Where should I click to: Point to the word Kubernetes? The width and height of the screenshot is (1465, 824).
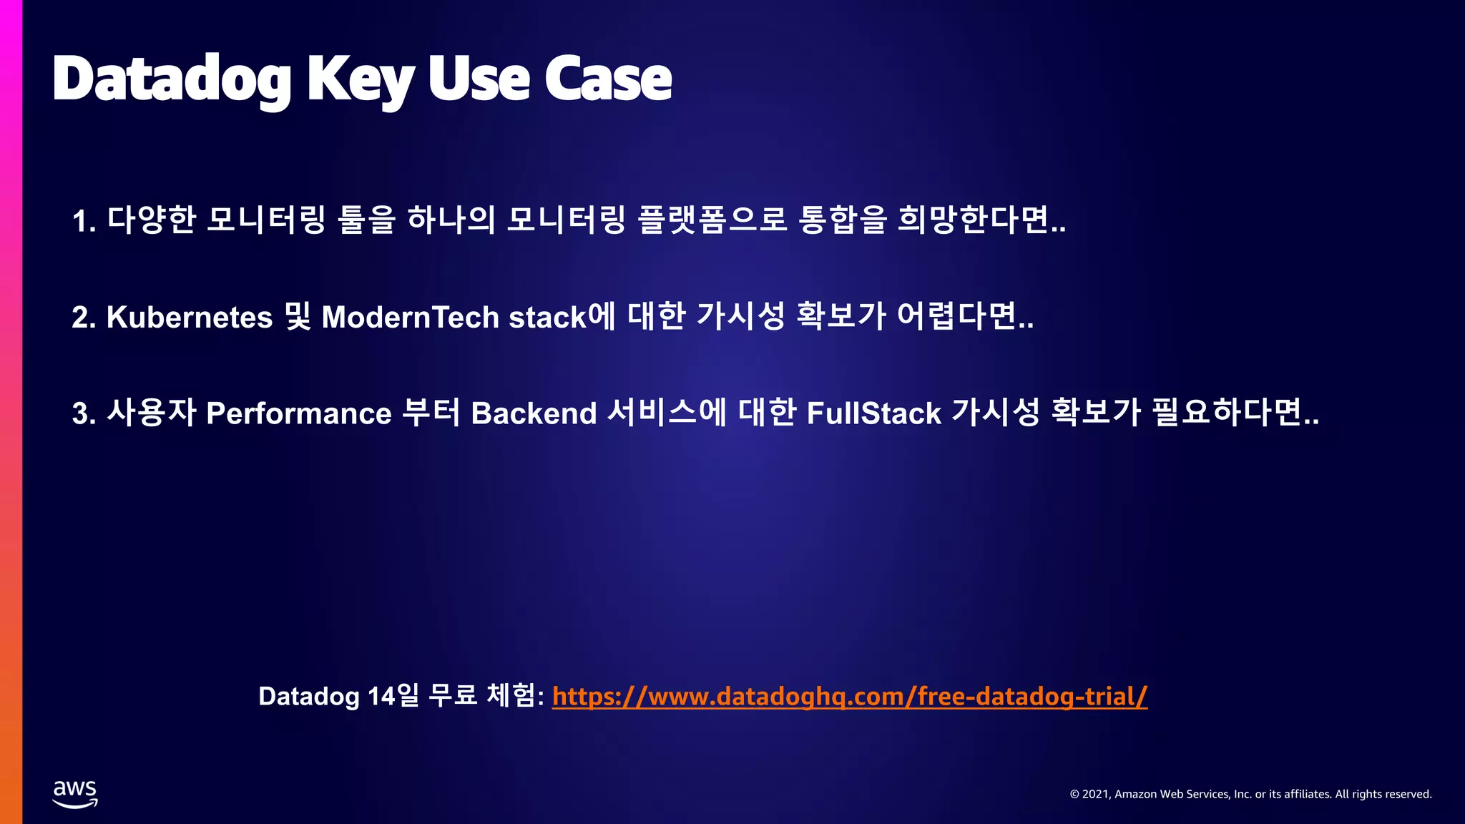(x=190, y=318)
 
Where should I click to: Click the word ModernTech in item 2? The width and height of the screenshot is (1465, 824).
(x=410, y=318)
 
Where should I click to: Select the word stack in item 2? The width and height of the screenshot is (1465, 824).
(x=547, y=318)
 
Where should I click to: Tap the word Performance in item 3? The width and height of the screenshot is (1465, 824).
(x=299, y=413)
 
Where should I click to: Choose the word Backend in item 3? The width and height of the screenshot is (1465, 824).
(x=534, y=413)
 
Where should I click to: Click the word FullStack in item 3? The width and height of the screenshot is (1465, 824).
(x=873, y=413)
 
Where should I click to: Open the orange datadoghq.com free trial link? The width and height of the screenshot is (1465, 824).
(x=850, y=696)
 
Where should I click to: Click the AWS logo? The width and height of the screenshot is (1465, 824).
(x=75, y=794)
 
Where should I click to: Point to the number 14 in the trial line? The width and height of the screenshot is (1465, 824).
(x=381, y=696)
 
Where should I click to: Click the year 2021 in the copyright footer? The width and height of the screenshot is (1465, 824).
(x=1095, y=794)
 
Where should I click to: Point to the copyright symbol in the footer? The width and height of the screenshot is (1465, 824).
(x=1074, y=794)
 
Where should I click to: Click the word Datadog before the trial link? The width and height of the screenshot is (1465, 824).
(x=308, y=696)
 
